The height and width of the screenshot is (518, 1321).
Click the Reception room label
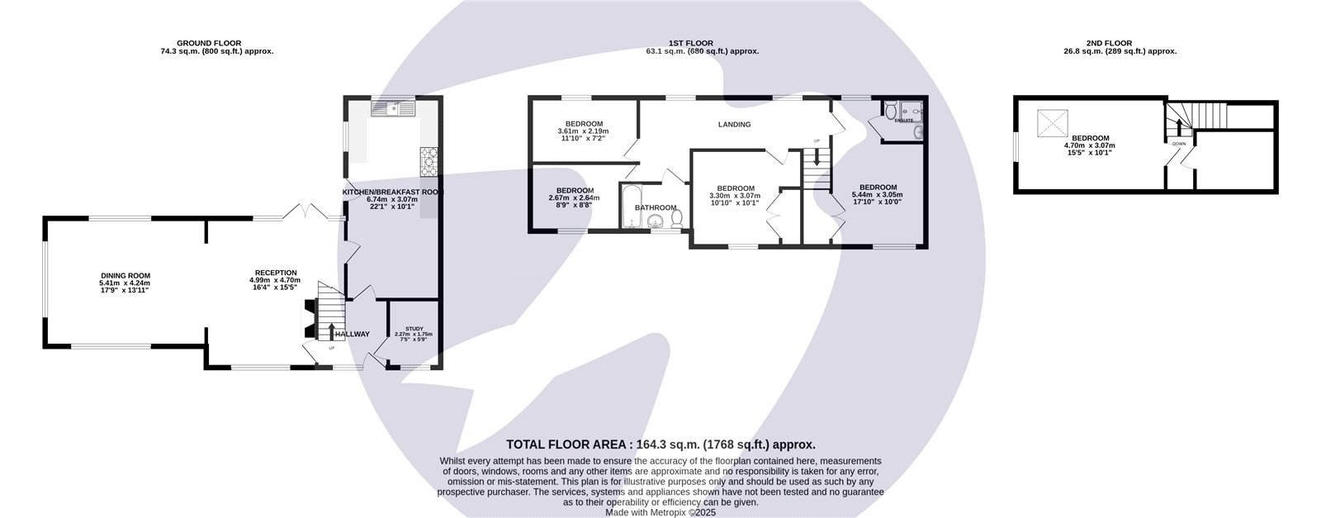tap(276, 273)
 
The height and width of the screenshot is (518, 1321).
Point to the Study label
tap(414, 328)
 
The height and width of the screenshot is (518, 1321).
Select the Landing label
tap(734, 125)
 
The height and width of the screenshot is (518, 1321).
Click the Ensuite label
tap(905, 121)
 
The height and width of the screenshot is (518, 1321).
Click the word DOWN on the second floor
tap(1178, 144)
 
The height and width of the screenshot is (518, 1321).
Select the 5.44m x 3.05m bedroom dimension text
tap(878, 195)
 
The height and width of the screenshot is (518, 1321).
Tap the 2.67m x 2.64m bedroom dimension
tap(575, 197)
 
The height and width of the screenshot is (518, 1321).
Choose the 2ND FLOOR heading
tap(1131, 43)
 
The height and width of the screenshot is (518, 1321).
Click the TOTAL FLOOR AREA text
tap(660, 444)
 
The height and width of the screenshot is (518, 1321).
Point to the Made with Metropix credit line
tap(660, 512)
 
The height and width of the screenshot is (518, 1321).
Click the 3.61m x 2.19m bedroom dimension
tap(583, 131)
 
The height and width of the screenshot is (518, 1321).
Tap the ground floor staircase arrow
tap(332, 331)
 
